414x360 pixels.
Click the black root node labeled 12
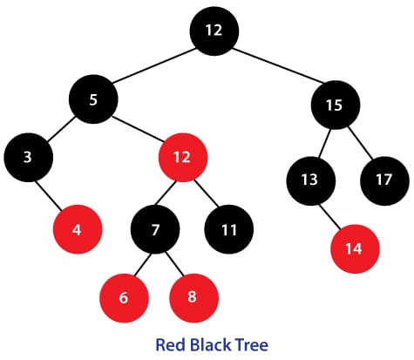[214, 31]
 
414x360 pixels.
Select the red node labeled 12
[183, 158]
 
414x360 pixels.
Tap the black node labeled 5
[93, 99]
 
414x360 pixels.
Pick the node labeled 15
[336, 105]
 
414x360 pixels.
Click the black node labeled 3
[28, 158]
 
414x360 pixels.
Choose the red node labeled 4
[78, 229]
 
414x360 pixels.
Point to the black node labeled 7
[155, 229]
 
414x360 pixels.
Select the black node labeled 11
[229, 229]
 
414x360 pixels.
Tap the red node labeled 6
[124, 298]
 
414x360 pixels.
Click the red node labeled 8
[193, 298]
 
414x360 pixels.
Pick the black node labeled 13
[311, 181]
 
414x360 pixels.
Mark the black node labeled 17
[384, 181]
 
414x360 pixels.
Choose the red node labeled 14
[355, 248]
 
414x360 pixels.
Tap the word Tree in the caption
[252, 344]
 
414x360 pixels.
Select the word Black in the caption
[210, 344]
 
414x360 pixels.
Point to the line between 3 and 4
[49, 196]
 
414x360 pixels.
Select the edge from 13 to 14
[329, 217]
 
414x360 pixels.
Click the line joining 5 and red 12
[138, 130]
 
